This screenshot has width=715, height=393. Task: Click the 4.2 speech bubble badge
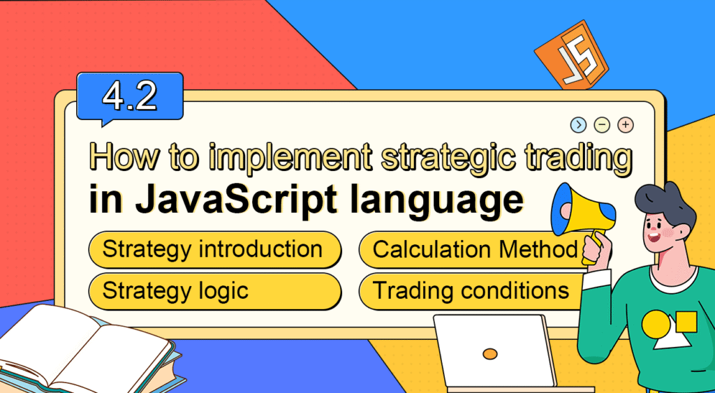130,98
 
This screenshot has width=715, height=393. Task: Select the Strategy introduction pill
214,250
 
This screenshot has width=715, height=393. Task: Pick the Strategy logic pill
214,290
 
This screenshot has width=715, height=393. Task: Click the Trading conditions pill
472,290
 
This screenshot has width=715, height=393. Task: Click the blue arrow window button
578,125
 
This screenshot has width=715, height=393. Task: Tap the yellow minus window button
602,125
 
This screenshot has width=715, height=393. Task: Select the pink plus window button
626,125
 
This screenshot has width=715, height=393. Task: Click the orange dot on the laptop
490,354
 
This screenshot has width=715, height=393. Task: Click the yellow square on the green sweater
687,322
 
